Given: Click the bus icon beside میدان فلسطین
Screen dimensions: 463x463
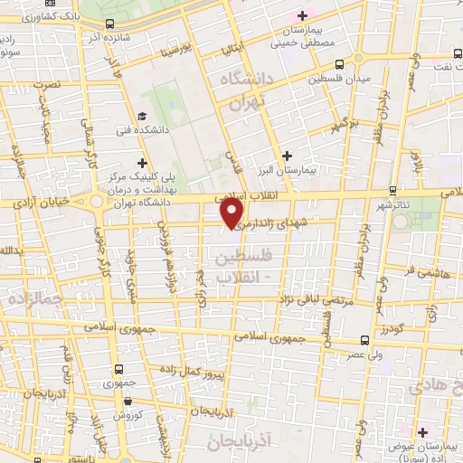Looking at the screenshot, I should tap(338, 64).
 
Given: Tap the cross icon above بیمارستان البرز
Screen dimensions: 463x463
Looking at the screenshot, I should tap(287, 156).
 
